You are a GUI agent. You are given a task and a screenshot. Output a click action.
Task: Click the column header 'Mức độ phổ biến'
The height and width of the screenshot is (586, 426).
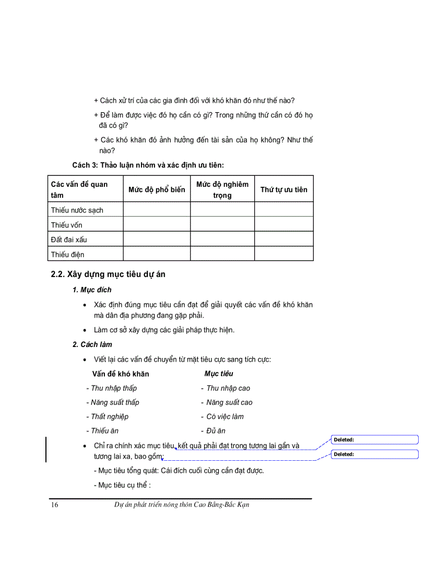coord(157,189)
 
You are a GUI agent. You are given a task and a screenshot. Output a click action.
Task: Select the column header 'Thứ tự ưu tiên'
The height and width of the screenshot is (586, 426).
coord(283,189)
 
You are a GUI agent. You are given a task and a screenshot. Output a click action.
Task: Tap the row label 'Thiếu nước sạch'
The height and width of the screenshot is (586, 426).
coord(77,210)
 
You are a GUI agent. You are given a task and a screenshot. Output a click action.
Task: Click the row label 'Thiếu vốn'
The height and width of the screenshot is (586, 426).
coord(67,225)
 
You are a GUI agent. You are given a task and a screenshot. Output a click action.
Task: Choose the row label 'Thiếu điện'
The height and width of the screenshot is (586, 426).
coord(68,254)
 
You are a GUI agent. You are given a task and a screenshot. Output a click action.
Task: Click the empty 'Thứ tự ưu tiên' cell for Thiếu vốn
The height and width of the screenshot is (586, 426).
coord(283,225)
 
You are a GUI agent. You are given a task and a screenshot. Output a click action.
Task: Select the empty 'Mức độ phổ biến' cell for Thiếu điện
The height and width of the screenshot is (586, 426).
coord(157,254)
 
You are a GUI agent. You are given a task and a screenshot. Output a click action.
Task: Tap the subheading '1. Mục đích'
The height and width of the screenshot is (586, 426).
coord(92,290)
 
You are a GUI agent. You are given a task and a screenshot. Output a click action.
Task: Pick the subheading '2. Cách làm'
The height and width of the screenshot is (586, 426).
coord(92,344)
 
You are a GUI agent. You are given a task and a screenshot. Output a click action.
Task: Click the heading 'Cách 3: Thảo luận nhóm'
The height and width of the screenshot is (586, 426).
coord(148,165)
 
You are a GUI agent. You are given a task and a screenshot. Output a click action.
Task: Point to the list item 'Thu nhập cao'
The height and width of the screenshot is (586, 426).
coord(228,388)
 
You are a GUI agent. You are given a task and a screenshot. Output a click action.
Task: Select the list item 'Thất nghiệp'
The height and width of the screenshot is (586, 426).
coord(109,416)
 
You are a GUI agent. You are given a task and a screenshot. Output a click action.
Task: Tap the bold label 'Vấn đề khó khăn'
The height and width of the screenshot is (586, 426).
coord(121,374)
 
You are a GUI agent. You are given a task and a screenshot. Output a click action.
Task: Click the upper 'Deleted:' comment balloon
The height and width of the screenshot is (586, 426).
coord(375,440)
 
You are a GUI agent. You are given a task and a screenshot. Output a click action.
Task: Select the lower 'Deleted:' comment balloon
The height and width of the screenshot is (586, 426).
coord(375,455)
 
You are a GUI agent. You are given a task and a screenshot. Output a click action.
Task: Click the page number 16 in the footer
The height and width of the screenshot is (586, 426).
coord(55,505)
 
